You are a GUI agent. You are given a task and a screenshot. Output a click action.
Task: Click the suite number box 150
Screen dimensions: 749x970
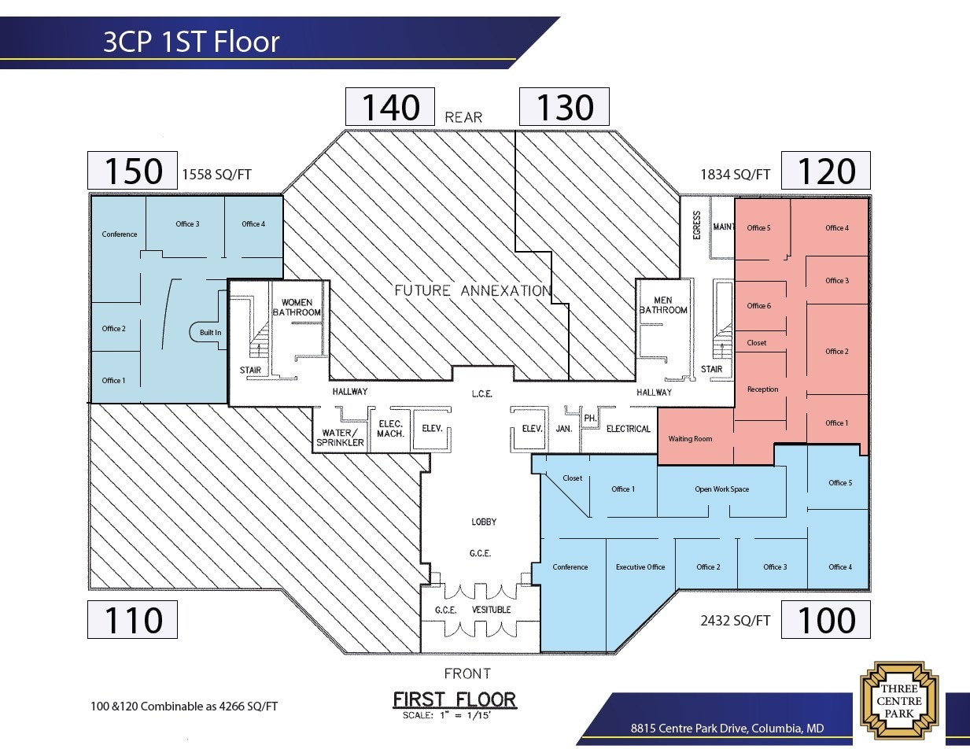131,171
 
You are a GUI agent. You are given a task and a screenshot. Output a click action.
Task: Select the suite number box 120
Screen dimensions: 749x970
825,171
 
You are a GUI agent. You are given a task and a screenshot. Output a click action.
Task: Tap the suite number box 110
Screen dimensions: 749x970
131,620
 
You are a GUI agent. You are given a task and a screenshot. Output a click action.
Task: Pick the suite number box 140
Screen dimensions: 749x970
390,107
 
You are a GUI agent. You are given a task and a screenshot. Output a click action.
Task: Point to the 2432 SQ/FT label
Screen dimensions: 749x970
735,621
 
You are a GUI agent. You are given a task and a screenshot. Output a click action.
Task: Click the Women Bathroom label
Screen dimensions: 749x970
297,308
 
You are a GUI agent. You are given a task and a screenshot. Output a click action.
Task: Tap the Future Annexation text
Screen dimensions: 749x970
472,290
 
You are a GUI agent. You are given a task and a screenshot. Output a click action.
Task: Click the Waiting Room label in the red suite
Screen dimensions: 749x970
690,438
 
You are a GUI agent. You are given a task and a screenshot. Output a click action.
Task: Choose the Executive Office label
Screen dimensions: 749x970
640,566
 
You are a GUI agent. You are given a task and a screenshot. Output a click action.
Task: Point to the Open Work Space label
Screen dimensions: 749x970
721,489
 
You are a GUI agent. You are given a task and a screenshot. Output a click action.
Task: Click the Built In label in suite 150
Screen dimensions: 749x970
210,333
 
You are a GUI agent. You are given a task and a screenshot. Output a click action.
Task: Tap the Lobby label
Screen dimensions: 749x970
484,522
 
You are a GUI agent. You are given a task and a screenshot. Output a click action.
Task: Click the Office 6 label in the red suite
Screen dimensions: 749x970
758,305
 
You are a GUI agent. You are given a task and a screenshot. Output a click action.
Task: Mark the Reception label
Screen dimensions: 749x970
762,389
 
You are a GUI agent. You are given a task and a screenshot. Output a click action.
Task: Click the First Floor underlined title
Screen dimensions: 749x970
454,699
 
